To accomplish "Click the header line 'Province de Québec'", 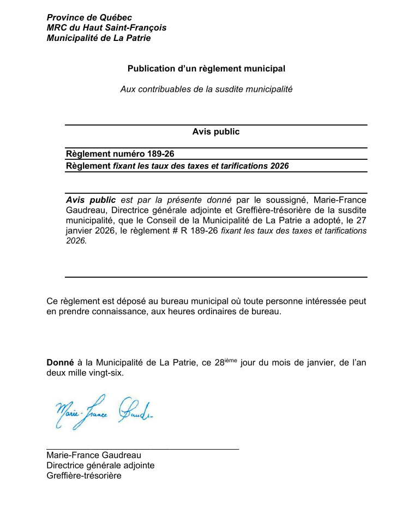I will click(89, 18).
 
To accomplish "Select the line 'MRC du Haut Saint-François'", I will click(106, 28).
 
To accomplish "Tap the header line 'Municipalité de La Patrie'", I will click(98, 38).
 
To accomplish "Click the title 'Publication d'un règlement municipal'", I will click(206, 69).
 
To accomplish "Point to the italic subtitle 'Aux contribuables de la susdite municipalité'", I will click(206, 89).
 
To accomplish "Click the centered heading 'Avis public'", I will click(215, 132).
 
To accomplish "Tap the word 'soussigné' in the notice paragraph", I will click(287, 200).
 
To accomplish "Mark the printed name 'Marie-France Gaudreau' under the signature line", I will click(93, 456).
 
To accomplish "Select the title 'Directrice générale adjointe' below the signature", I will click(100, 465).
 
